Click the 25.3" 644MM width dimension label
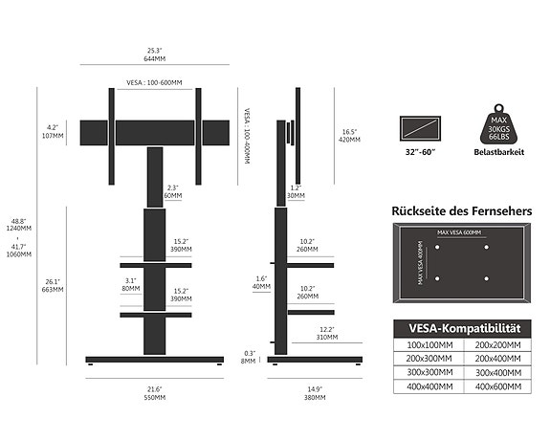pos(153,54)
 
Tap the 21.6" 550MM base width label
pos(154,392)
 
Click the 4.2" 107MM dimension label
pos(54,131)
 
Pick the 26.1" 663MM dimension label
pos(54,285)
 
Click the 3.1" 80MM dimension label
pos(131,284)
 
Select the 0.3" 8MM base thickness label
pos(249,357)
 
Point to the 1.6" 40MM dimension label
pos(261,282)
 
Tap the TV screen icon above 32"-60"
pos(420,128)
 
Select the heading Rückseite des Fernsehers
pos(462,210)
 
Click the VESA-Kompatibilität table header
pos(461,327)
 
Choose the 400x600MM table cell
pos(496,386)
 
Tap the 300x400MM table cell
pos(496,372)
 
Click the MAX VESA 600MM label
pos(459,232)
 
